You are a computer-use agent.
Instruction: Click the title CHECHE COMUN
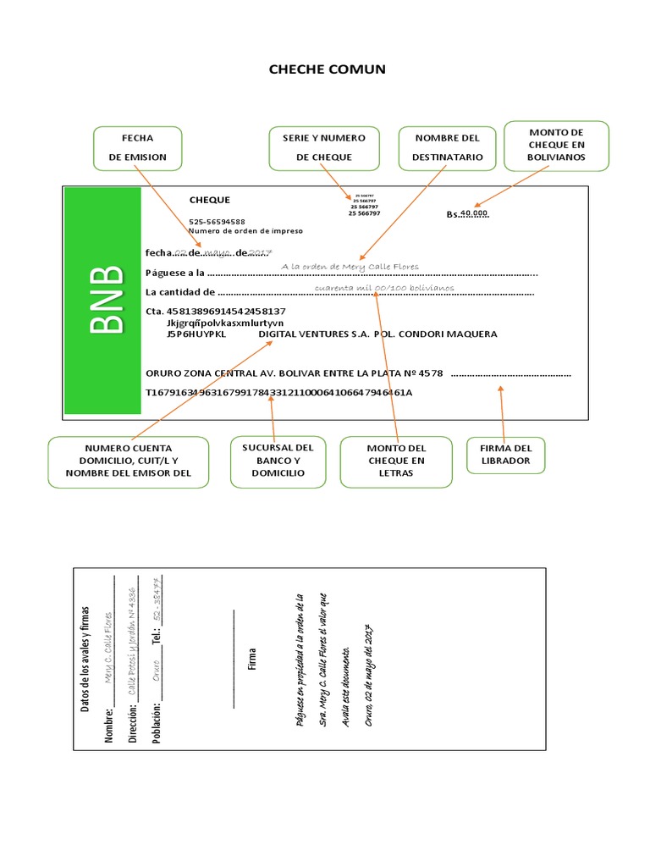tap(327, 69)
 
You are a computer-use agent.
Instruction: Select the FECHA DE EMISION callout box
tap(138, 146)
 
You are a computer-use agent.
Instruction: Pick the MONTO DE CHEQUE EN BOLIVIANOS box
tap(556, 145)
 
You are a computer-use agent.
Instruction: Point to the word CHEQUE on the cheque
tap(209, 200)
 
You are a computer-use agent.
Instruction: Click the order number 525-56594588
tap(217, 221)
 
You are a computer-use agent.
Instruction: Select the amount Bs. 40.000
tap(468, 214)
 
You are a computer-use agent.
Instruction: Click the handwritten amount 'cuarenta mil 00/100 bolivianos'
tap(383, 288)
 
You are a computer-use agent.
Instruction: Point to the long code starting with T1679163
tap(278, 393)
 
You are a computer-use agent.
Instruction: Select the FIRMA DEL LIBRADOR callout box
tap(505, 455)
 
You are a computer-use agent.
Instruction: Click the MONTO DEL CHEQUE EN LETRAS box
tap(396, 461)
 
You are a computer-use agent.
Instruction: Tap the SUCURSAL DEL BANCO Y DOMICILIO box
tap(278, 461)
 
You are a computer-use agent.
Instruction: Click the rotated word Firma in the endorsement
tap(252, 660)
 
